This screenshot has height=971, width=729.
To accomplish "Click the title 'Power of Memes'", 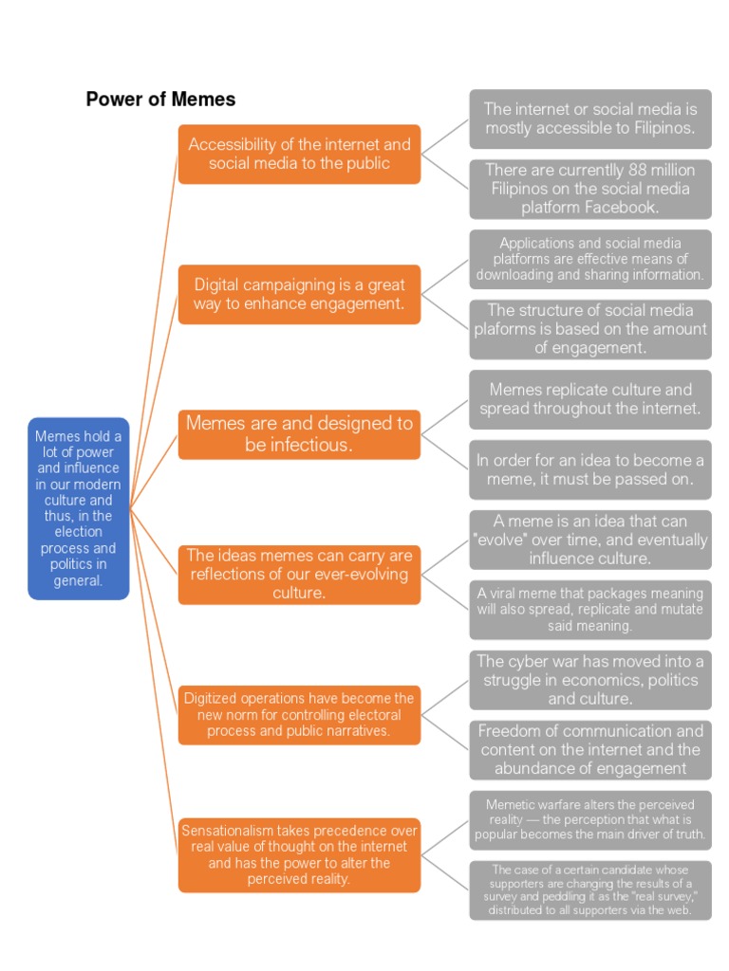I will [x=160, y=100].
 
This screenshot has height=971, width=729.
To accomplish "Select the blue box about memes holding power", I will [x=78, y=508].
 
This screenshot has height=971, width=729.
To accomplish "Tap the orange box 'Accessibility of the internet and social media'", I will [x=299, y=155].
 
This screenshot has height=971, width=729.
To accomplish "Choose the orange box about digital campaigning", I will [x=299, y=294].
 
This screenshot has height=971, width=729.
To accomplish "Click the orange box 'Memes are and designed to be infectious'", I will [x=299, y=434].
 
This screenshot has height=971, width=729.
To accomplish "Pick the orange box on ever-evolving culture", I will [x=299, y=575].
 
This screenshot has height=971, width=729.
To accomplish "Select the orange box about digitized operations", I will [x=299, y=715].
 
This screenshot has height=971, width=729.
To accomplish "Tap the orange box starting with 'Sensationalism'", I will [x=299, y=855].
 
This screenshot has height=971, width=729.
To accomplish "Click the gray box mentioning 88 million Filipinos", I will [x=589, y=189].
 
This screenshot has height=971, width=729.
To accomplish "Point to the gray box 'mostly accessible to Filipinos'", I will [x=589, y=119].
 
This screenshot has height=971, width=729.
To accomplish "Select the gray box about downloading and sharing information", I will [x=589, y=259].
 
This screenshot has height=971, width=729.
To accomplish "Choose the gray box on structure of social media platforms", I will [x=589, y=329].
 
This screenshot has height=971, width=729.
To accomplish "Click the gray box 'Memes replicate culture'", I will [x=589, y=399].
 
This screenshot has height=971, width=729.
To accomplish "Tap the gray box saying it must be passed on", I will [x=589, y=469].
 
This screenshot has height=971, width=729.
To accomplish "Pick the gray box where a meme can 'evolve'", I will [x=589, y=540].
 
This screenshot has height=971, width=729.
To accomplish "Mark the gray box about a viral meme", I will [x=589, y=610].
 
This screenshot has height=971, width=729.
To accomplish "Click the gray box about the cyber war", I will [x=589, y=680].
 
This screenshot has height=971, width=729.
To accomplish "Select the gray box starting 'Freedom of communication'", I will [x=589, y=750].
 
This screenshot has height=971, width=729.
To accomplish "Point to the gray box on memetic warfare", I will [x=589, y=820].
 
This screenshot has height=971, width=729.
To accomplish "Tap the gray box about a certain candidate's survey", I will [x=589, y=890].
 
